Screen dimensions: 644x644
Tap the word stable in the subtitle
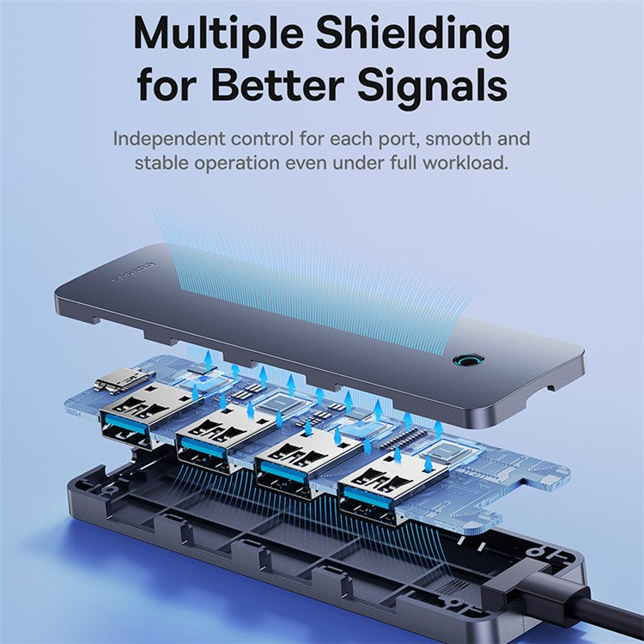tap(161, 161)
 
